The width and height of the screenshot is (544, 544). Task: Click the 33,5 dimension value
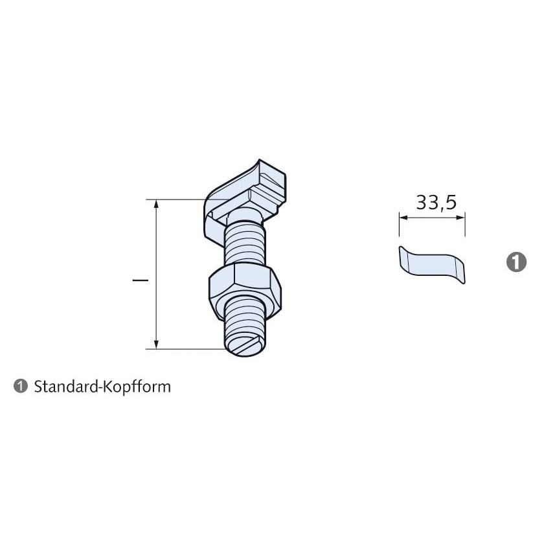tap(436, 203)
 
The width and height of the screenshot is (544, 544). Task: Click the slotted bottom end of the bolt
tap(246, 347)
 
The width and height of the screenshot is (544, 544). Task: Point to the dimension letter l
tap(141, 280)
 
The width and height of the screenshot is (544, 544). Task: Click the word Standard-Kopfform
tap(102, 387)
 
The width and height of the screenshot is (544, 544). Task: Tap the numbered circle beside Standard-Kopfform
tap(21, 386)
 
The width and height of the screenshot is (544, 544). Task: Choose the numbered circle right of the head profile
tap(516, 262)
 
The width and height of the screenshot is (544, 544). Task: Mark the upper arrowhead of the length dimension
tap(156, 204)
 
